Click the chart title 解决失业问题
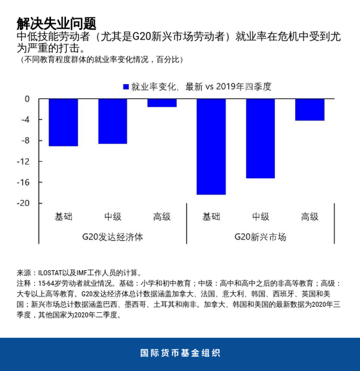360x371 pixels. point(56,23)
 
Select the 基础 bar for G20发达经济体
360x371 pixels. point(63,122)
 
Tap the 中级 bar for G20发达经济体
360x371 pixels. point(112,121)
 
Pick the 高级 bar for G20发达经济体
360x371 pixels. point(162,103)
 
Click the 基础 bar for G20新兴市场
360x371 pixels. point(211,146)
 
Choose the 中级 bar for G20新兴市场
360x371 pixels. point(260,139)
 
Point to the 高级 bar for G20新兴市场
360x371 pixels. point(310,110)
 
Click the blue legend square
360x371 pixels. point(126,87)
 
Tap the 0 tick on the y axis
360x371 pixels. point(26,99)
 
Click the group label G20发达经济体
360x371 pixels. point(112,237)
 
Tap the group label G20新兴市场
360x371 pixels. point(260,237)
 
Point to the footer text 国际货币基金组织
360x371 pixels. point(180,353)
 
